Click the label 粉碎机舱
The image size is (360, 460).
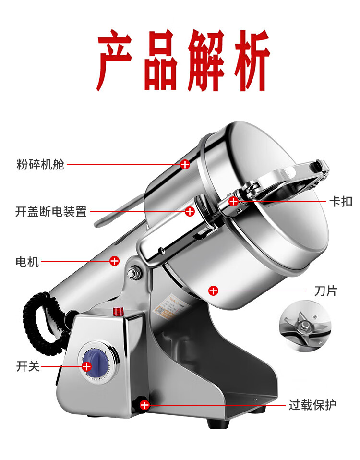coord(40,165)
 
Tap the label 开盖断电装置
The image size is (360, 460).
coord(51,211)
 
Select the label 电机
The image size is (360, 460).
coord(27,262)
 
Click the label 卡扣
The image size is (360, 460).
coord(341,202)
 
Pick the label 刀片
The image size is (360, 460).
coord(325,291)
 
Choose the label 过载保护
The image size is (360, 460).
coord(312,405)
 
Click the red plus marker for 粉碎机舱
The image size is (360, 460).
coord(185,165)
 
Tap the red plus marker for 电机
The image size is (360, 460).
coord(114,261)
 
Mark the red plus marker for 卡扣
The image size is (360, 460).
coord(233,201)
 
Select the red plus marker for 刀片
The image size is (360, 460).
coord(213,291)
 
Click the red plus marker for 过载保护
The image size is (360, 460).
coord(144,405)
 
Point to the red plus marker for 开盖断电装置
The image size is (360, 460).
coord(190,211)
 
